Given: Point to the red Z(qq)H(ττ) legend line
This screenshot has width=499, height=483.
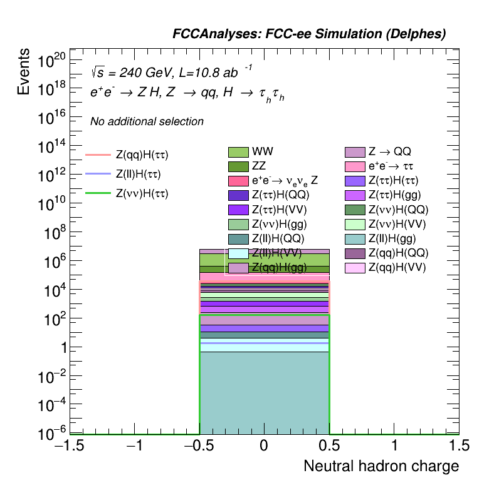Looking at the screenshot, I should tap(98, 154).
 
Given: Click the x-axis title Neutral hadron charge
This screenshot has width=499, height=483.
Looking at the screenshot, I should tap(381, 466).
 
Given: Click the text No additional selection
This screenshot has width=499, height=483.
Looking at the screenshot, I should tap(147, 121).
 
